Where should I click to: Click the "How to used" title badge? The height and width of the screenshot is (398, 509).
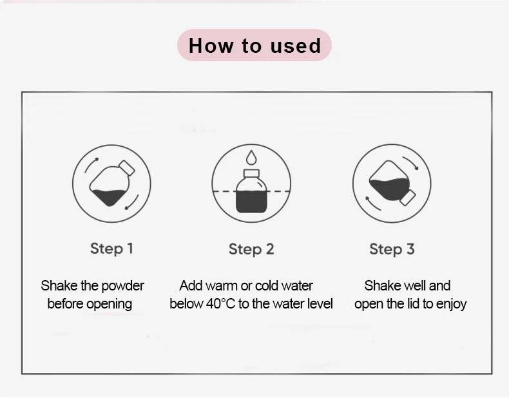(x=254, y=45)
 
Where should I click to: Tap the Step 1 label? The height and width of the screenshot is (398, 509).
(x=111, y=249)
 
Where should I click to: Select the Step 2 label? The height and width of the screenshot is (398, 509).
(x=251, y=249)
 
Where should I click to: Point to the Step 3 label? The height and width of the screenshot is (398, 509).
(x=392, y=249)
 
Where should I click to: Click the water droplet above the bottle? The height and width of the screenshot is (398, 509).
(x=251, y=157)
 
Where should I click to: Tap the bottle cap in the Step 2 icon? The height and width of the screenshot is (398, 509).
(x=251, y=173)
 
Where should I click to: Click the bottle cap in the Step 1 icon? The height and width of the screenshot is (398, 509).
(x=127, y=168)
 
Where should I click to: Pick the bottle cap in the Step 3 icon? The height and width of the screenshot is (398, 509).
(x=408, y=198)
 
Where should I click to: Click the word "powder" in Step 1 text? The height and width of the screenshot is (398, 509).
(x=122, y=286)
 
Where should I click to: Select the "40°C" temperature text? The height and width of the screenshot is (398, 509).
(x=220, y=304)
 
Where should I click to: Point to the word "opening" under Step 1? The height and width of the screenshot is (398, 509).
(x=110, y=304)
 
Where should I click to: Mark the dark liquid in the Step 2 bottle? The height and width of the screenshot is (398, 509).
(x=251, y=202)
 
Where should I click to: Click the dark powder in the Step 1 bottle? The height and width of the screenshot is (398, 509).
(x=110, y=197)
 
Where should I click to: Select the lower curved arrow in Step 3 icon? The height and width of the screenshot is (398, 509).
(x=372, y=204)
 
